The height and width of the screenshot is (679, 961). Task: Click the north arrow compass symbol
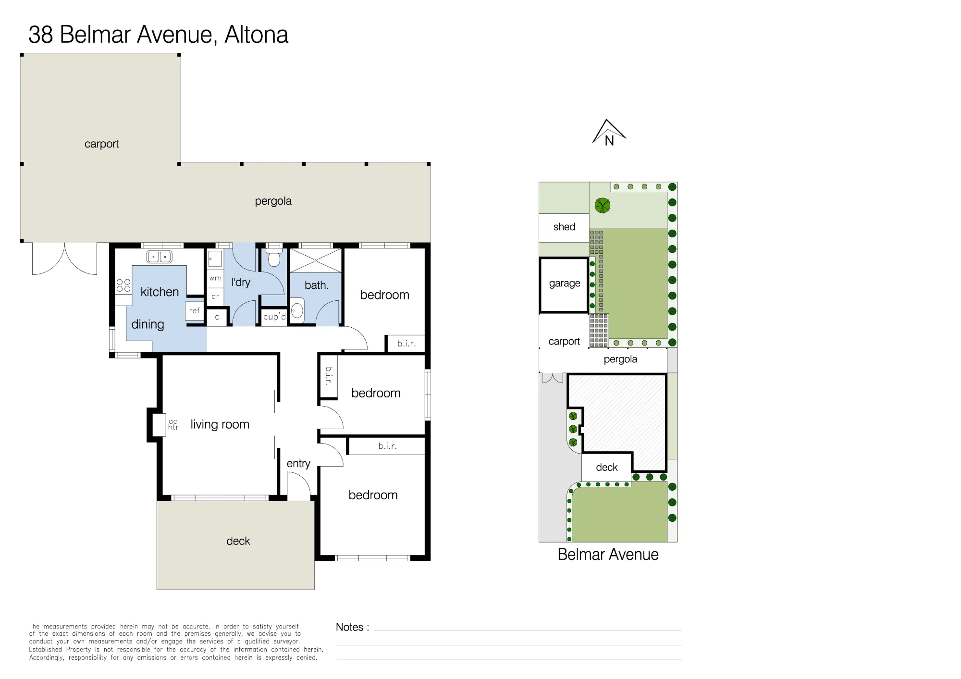(609, 133)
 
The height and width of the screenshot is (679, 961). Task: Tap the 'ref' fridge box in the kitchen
(195, 311)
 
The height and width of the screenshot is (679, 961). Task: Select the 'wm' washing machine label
(215, 278)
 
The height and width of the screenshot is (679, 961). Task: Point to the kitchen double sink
(159, 257)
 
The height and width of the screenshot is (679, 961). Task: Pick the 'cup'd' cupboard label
(274, 317)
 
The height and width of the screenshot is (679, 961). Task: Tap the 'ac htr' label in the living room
(173, 424)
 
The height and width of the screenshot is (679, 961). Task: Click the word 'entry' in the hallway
(298, 464)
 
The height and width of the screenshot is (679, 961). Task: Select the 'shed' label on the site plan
(564, 227)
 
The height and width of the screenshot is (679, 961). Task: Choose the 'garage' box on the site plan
(565, 285)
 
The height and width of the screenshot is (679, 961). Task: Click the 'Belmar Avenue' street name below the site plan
(608, 555)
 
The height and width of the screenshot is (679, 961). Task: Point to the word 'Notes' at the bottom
(349, 627)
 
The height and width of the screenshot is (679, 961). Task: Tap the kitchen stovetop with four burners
(123, 285)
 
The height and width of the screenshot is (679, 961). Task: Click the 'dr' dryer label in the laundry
(215, 296)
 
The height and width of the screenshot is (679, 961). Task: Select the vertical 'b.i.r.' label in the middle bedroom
(329, 376)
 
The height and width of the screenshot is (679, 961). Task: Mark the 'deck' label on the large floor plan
(238, 541)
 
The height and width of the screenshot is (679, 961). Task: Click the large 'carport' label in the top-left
(101, 144)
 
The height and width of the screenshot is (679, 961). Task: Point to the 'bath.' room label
(317, 285)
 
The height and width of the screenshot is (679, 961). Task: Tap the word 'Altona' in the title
(257, 35)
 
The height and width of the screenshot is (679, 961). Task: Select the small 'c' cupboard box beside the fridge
(217, 317)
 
